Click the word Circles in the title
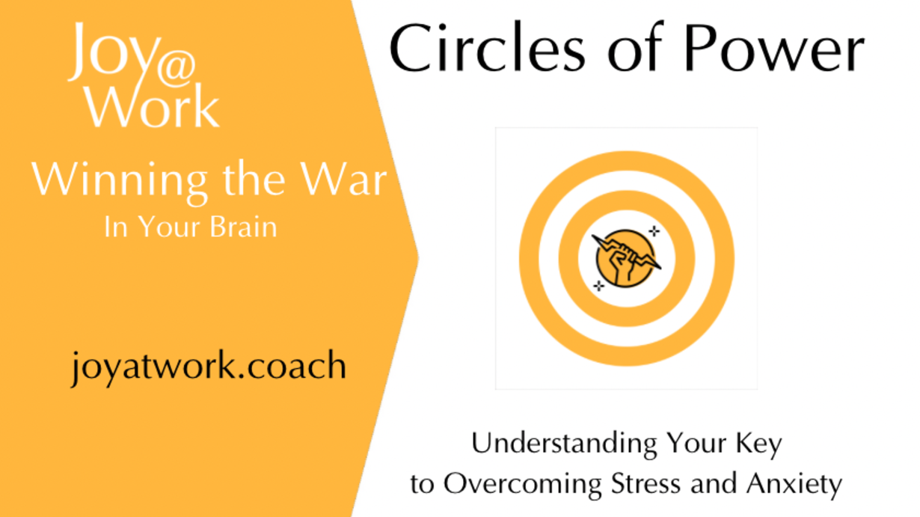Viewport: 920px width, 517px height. click(488, 48)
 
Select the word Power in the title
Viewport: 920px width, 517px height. click(774, 48)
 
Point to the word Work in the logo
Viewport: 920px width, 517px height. click(153, 106)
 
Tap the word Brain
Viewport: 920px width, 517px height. click(244, 227)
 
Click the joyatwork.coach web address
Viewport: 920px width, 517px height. click(209, 367)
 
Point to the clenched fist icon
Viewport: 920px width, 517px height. click(626, 259)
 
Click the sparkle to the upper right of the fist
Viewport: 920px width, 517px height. click(654, 231)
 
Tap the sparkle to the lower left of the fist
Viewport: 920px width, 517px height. click(599, 285)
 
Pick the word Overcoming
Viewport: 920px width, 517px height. click(523, 485)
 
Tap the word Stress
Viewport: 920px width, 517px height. click(646, 484)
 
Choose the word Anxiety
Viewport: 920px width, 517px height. click(794, 485)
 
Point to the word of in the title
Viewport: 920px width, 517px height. click(635, 48)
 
